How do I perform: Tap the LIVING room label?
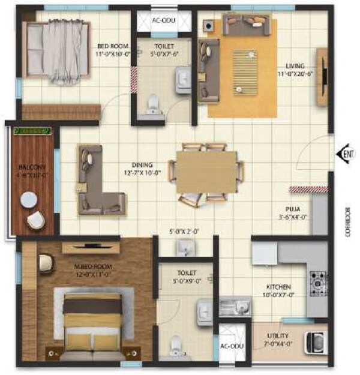(x=295, y=66)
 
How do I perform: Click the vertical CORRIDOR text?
(x=347, y=222)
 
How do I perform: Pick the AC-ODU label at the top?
(x=163, y=20)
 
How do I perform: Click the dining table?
(x=206, y=172)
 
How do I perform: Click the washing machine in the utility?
(x=315, y=344)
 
